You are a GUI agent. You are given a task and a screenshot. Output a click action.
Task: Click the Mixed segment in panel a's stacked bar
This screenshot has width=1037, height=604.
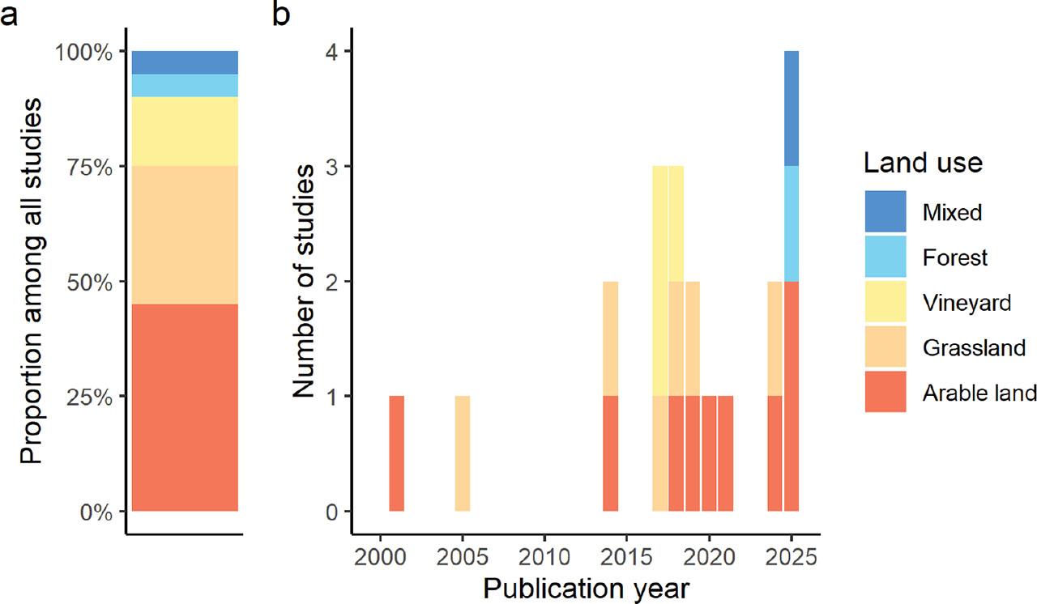(x=185, y=62)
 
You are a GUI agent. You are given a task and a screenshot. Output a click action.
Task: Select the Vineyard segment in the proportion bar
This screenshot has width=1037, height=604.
(x=185, y=131)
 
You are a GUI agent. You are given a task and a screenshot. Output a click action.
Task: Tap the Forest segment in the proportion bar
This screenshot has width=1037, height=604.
(x=185, y=85)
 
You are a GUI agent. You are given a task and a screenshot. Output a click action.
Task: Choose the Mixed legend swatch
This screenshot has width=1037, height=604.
(x=886, y=212)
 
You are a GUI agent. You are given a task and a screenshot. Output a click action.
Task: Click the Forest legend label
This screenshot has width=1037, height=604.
(x=955, y=257)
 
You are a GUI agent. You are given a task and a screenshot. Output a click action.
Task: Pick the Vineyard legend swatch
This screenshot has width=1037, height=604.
(x=886, y=303)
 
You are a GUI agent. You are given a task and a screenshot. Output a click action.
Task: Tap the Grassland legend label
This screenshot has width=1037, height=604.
(x=974, y=348)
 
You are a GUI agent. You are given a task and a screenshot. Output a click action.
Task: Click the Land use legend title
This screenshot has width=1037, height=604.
(x=923, y=164)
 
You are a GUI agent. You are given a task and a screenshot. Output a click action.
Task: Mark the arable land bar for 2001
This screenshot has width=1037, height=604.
(x=396, y=453)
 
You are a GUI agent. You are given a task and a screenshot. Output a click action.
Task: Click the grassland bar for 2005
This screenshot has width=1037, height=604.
(x=462, y=453)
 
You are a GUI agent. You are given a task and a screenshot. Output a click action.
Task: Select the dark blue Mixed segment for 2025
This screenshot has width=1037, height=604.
(x=791, y=108)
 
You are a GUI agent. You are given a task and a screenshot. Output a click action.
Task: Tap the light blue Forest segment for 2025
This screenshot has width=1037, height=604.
(x=791, y=223)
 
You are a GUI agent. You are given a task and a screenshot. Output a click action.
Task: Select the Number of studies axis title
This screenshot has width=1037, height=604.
(x=304, y=281)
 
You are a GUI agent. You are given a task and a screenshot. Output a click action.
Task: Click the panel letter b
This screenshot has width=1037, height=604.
(x=282, y=16)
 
